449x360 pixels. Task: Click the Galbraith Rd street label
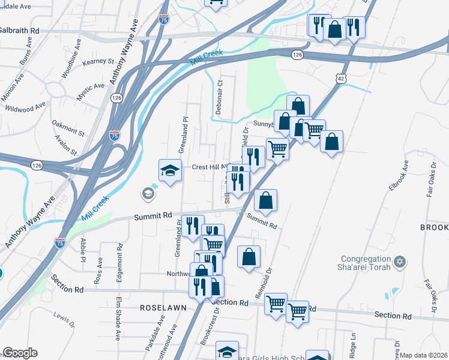tap(19, 30)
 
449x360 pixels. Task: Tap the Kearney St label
tap(98, 61)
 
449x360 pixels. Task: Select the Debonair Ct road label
tap(219, 98)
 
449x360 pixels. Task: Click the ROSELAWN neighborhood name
tap(163, 307)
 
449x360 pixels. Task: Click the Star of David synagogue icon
tap(400, 262)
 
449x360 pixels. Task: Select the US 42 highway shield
tap(341, 79)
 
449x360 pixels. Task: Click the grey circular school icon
tap(147, 193)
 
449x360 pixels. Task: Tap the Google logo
tap(20, 353)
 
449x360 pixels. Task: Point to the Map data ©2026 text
tap(424, 355)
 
